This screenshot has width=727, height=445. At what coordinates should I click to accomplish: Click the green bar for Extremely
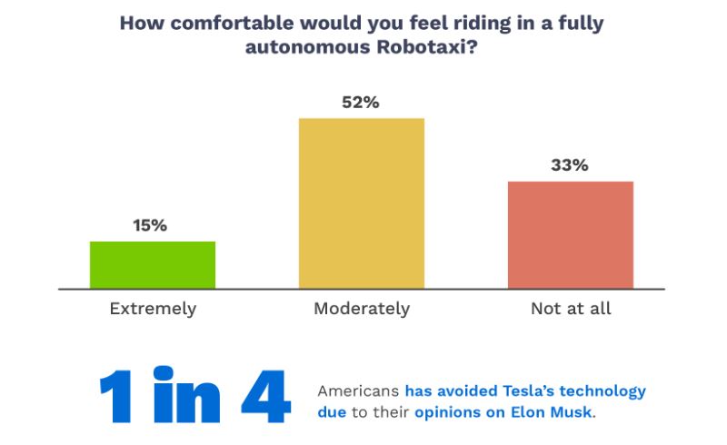click(153, 265)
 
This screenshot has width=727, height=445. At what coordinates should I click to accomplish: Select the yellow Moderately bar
click(362, 203)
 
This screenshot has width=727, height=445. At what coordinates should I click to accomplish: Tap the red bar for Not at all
click(571, 235)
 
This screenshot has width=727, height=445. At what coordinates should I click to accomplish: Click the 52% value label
click(362, 103)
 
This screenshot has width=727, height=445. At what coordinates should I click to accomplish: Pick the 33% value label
click(571, 166)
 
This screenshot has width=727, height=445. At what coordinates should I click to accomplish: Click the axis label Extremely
click(153, 309)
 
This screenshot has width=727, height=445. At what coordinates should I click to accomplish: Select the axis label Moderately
click(362, 309)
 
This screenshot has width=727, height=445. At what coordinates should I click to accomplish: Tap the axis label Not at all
click(571, 309)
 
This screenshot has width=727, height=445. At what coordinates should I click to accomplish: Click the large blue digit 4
click(268, 397)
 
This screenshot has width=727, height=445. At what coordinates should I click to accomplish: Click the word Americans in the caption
click(357, 391)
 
